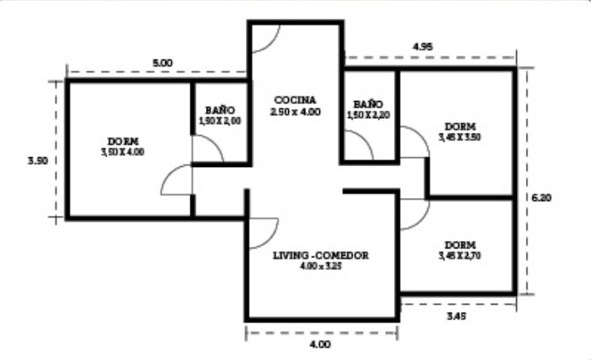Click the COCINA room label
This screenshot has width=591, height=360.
295,100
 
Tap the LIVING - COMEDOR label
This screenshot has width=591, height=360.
321,255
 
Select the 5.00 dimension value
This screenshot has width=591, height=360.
163,63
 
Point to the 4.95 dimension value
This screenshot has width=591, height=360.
422,46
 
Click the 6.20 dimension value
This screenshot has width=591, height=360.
541,198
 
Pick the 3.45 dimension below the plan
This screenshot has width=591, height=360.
457,316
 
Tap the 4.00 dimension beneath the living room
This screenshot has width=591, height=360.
321,345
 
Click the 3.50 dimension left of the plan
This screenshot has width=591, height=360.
38,161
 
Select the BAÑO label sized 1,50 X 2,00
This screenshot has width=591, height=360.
220,111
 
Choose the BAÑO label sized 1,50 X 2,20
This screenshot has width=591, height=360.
368,104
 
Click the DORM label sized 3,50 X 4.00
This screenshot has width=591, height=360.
123,142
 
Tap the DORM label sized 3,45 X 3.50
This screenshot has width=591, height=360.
460,127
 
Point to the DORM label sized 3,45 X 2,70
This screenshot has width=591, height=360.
460,245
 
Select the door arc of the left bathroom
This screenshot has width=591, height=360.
215,143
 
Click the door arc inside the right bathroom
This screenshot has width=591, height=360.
365,138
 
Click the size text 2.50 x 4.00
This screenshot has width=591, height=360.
295,112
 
